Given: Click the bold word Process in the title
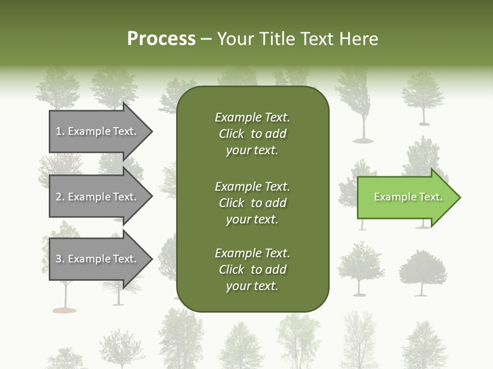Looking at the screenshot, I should point(161,39).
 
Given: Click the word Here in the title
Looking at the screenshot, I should point(358,39).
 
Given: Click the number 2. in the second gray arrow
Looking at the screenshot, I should point(60,197).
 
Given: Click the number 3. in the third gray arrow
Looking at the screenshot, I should point(60,259).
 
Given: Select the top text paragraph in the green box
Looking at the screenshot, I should point(252,134).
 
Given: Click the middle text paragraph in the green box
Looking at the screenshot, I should point(252,202).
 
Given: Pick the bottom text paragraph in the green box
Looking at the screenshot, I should point(252,270).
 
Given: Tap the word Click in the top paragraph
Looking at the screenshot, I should point(231,134).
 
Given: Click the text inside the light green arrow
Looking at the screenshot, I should point(408,197).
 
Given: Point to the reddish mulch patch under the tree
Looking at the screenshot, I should point(65,310).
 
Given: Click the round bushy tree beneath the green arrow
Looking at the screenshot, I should point(422,269).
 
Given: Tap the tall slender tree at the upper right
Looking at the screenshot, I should point(363,102).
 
